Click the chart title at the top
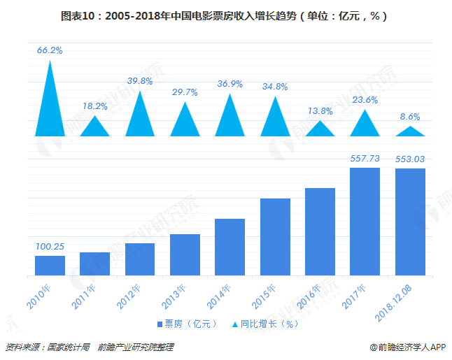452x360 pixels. tap(226, 15)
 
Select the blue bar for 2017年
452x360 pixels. tap(365, 222)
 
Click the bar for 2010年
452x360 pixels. tap(50, 266)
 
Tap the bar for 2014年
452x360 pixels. tap(229, 247)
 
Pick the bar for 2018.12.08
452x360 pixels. tap(410, 222)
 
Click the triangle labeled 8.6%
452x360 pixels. tap(410, 131)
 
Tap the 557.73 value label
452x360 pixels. tap(365, 159)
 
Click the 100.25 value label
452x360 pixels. tap(50, 247)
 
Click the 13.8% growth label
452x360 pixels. tap(320, 111)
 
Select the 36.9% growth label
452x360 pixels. tap(229, 84)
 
